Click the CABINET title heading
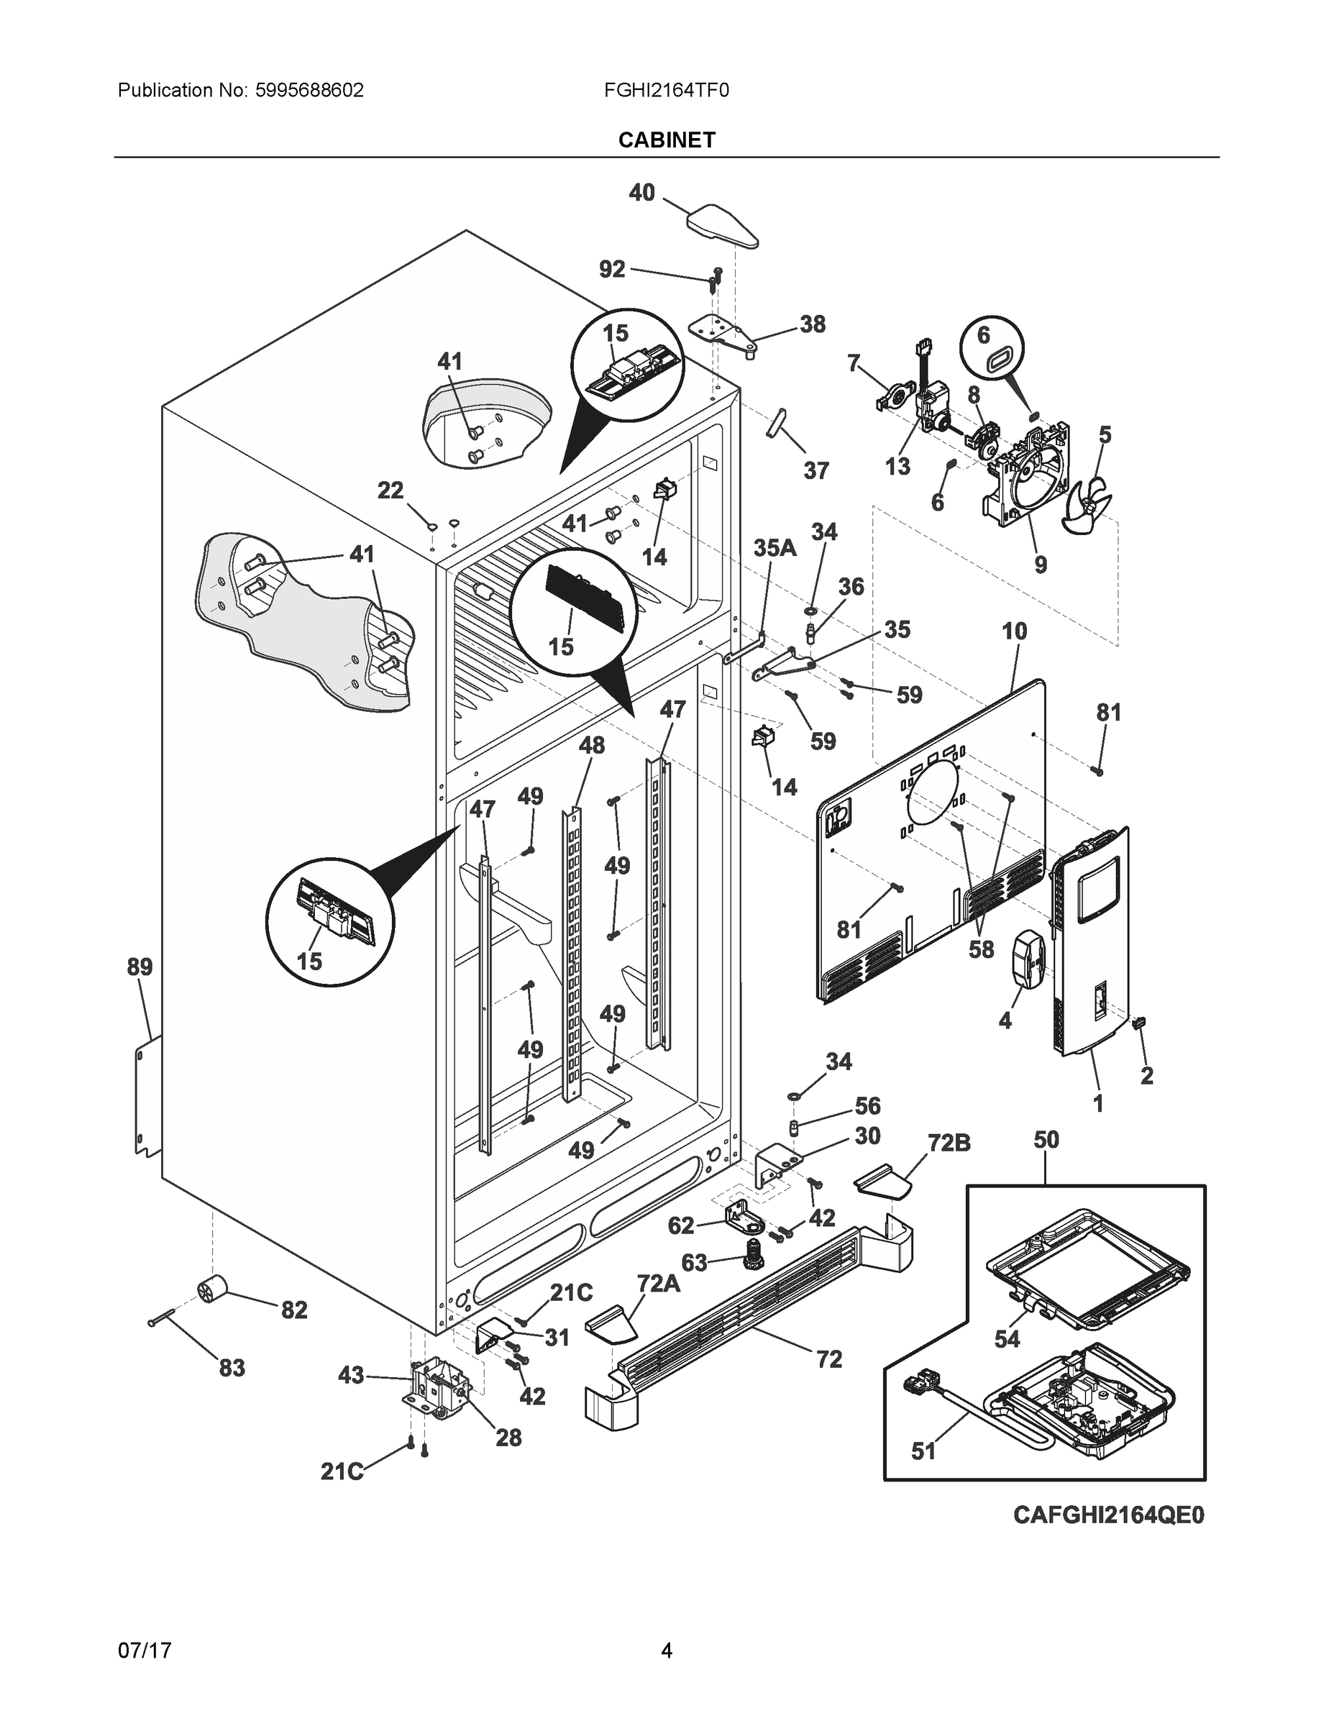[x=666, y=140]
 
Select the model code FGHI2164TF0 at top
[x=665, y=90]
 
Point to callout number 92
[x=612, y=270]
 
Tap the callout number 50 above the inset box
[x=1046, y=1140]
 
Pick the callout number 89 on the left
[x=140, y=967]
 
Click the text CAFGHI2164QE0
[x=1108, y=1515]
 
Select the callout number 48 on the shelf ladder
[x=591, y=744]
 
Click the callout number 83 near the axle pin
[x=232, y=1367]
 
